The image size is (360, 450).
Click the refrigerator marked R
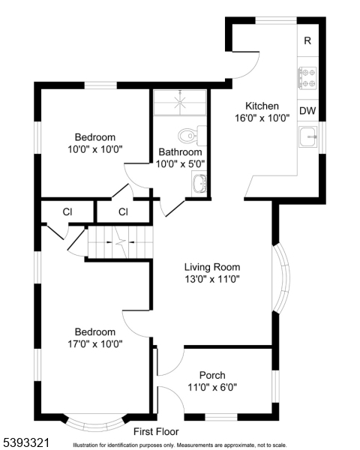coord(307,40)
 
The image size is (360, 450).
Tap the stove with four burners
coord(307,78)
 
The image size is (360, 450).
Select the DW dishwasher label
coord(307,110)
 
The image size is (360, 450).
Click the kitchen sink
coord(307,136)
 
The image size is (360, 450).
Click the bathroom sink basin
coord(199,184)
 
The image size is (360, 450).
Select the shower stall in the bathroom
coord(180,103)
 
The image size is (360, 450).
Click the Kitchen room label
coord(262,106)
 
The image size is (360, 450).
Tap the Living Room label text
coord(212,267)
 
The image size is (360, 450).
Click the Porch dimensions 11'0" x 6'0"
coord(212,388)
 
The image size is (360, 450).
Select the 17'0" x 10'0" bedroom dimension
coord(95,343)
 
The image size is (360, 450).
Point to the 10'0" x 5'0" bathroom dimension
coord(180,163)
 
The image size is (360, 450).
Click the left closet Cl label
coord(67,211)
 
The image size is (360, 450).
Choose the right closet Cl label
coord(123,211)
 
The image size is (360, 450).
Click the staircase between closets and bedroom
coord(120,242)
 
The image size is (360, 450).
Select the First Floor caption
coord(156,431)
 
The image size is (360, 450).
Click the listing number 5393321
coord(25,442)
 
